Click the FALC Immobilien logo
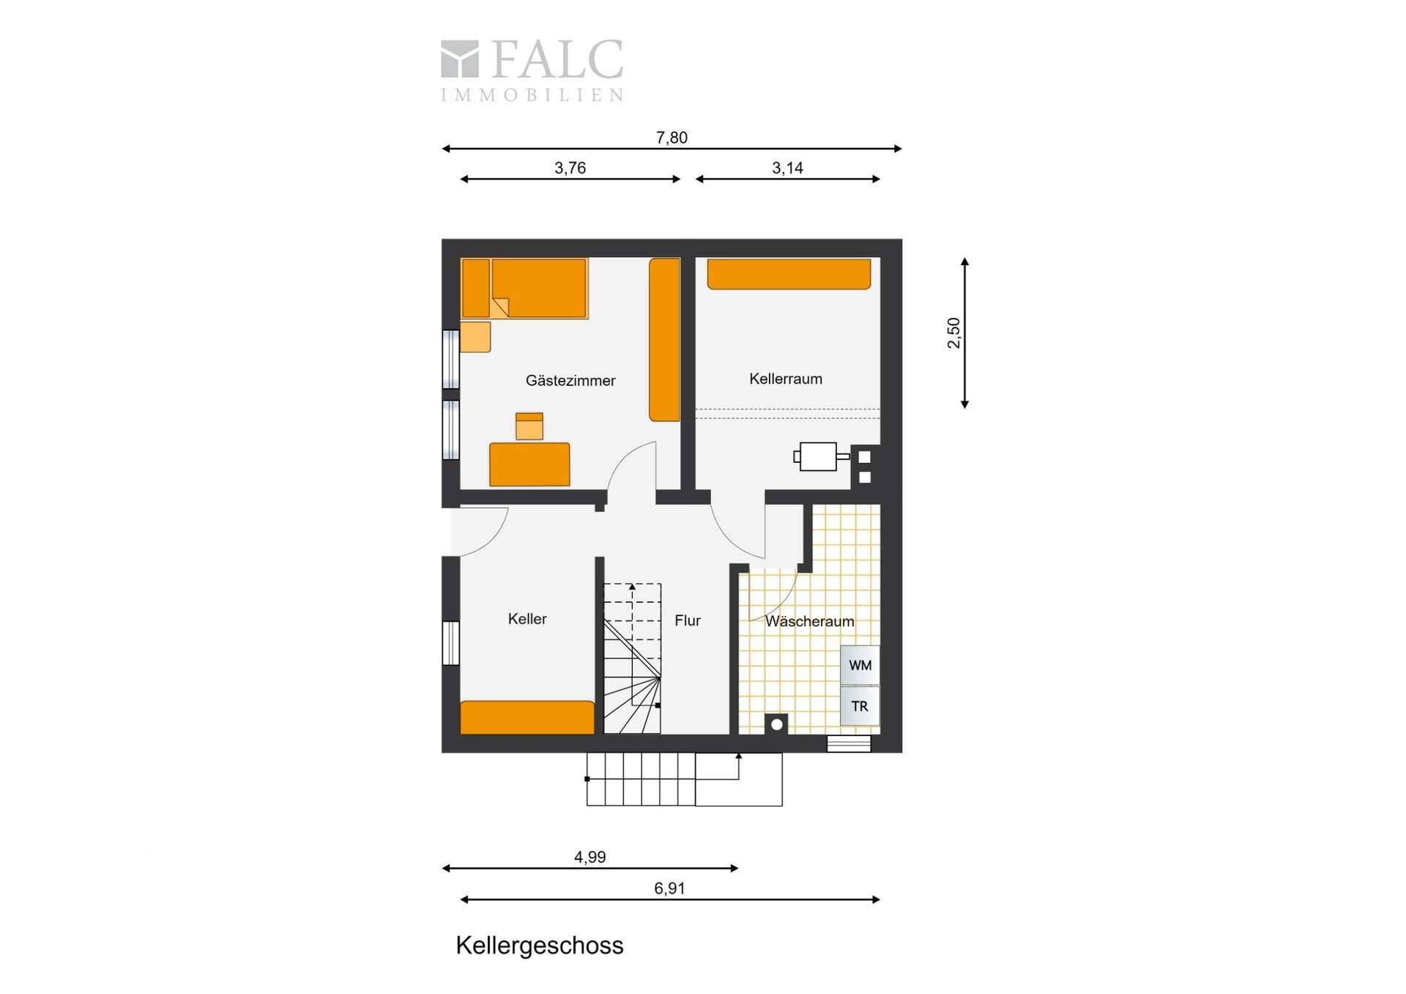click(532, 70)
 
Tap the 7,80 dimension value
click(672, 138)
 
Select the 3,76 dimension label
click(570, 168)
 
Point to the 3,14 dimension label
click(787, 168)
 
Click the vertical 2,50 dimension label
click(953, 333)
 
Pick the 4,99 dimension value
click(589, 857)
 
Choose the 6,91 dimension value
click(669, 889)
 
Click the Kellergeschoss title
click(540, 946)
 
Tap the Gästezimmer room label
click(570, 380)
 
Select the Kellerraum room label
click(786, 379)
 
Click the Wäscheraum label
click(810, 621)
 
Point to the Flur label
click(688, 620)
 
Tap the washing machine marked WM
click(860, 665)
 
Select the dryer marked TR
click(860, 706)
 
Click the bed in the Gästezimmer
click(524, 288)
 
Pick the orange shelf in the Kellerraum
click(789, 274)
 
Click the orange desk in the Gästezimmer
click(529, 464)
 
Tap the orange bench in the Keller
click(527, 717)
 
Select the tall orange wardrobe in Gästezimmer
click(665, 340)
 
